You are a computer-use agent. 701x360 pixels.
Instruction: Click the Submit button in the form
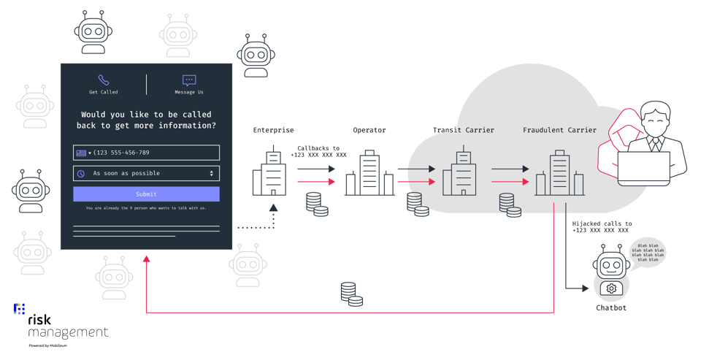click(x=146, y=194)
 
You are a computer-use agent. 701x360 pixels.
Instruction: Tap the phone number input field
click(x=146, y=153)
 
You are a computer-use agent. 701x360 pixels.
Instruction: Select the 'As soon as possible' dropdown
click(x=146, y=173)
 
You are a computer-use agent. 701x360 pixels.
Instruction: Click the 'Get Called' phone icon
click(x=104, y=80)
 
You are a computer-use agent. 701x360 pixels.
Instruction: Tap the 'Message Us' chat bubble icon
click(x=189, y=80)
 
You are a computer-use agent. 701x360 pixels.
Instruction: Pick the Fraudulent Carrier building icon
click(x=559, y=174)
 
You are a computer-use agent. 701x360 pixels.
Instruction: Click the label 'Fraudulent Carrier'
click(x=559, y=131)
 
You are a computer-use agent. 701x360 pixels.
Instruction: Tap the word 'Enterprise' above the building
click(x=273, y=131)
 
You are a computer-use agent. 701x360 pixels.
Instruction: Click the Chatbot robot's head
click(x=611, y=264)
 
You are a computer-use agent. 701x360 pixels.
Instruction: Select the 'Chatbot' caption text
click(x=611, y=308)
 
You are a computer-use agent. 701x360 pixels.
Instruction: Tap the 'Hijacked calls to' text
click(x=602, y=223)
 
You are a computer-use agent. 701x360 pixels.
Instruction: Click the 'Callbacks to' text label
click(x=318, y=148)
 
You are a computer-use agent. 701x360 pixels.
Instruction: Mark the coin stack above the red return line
click(x=351, y=294)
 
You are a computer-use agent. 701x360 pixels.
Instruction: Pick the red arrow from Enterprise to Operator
click(x=315, y=182)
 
